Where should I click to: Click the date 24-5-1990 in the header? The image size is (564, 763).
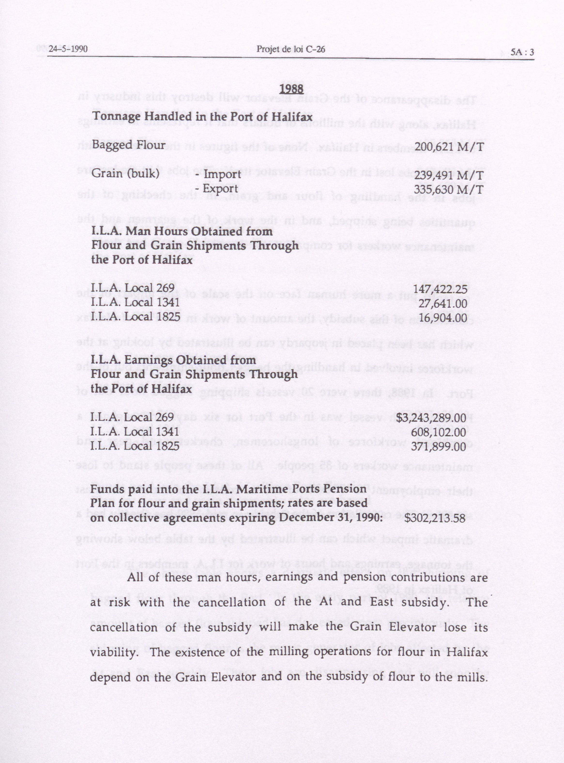tap(68, 49)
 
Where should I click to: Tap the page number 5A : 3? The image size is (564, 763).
tap(522, 52)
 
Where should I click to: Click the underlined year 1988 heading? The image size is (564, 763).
tap(291, 89)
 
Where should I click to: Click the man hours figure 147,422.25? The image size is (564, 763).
tap(440, 289)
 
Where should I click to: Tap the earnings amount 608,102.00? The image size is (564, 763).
tap(438, 432)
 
